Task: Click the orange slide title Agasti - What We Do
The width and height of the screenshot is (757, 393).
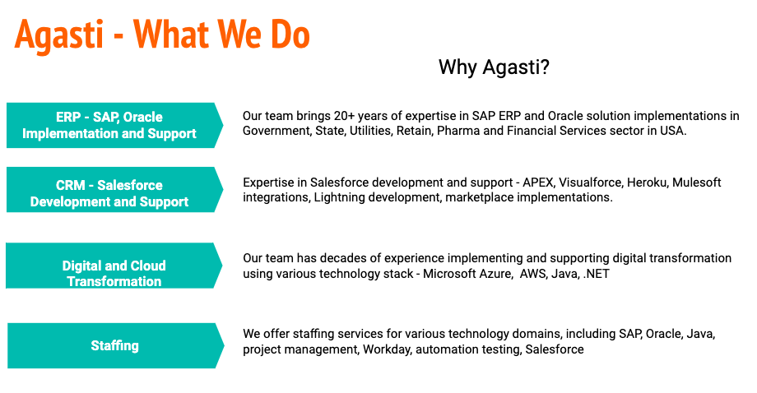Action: [162, 35]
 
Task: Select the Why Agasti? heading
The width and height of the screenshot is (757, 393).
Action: [494, 67]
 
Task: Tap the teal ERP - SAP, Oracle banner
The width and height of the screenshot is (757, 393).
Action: [115, 125]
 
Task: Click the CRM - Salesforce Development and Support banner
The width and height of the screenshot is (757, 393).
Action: [115, 189]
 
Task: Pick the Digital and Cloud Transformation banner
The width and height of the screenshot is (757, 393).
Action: [114, 266]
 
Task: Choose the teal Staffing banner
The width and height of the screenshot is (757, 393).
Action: [116, 346]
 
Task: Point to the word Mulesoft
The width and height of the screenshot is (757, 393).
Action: [697, 183]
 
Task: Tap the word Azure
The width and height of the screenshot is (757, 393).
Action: [495, 274]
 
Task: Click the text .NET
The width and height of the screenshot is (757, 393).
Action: [597, 274]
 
